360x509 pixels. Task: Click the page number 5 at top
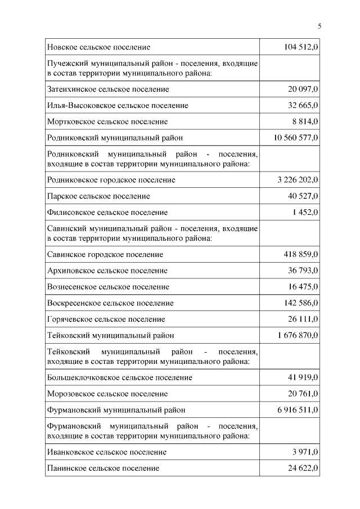319,26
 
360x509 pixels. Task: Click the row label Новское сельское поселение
98,47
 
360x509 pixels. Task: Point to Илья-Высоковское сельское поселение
118,105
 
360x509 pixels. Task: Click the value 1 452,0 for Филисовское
305,212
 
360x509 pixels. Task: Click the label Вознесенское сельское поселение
108,287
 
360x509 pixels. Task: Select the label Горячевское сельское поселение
106,319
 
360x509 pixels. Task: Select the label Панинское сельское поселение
103,468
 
